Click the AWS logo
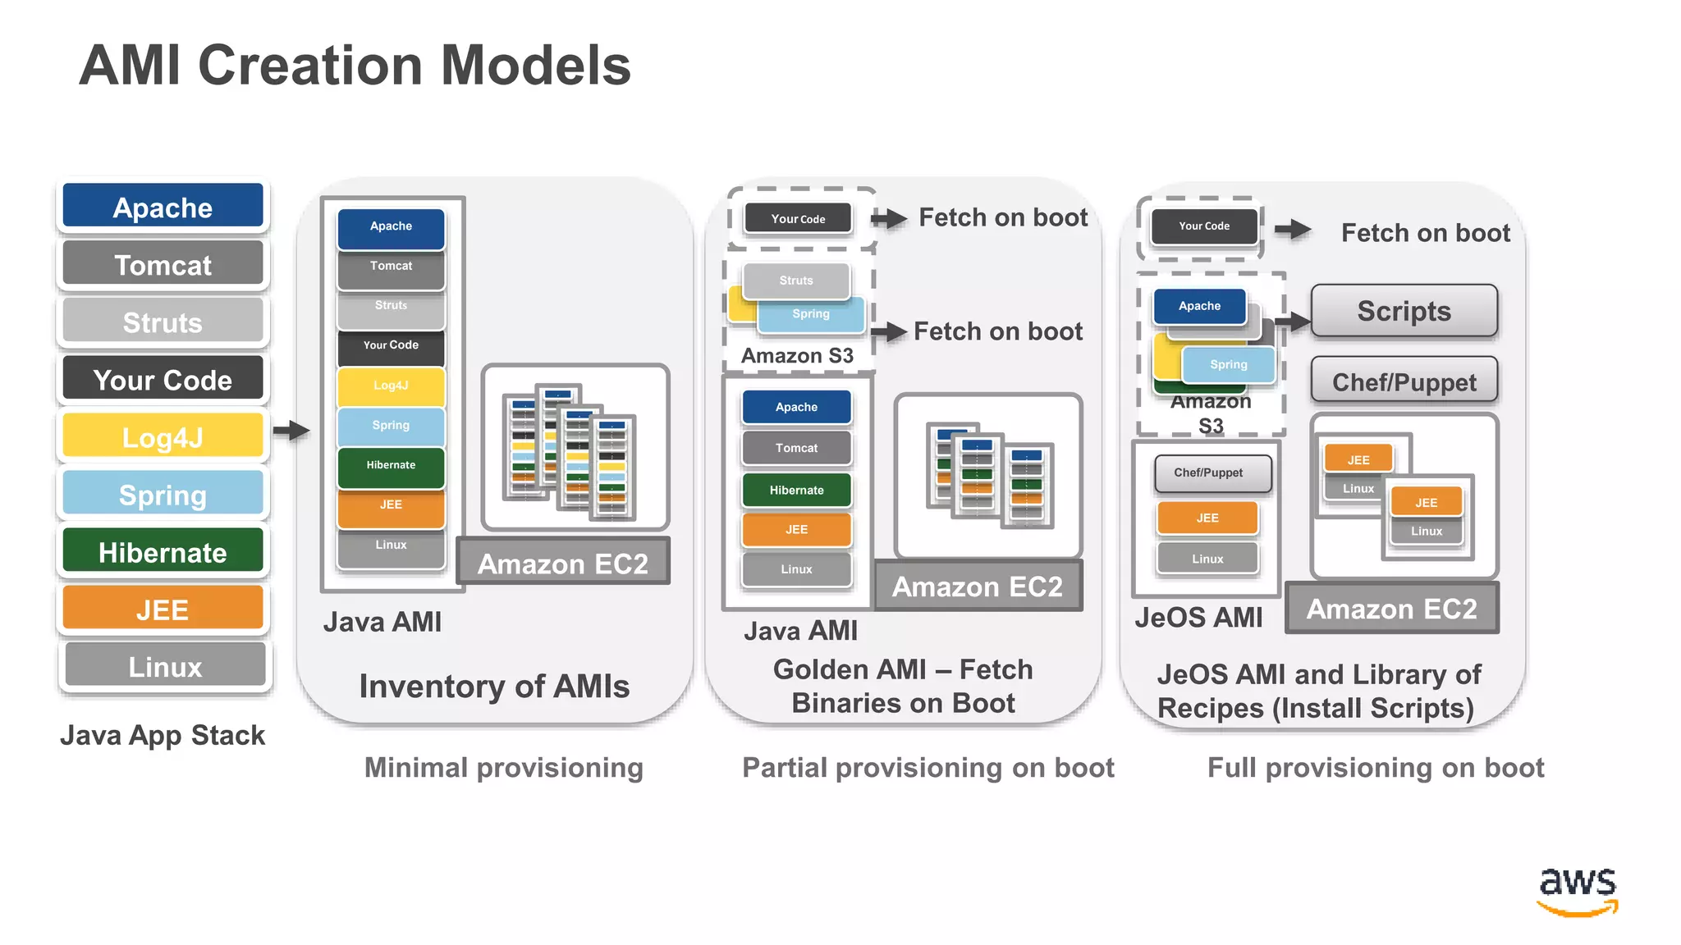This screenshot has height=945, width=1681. click(x=1577, y=890)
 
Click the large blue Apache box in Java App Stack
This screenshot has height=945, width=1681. click(x=163, y=206)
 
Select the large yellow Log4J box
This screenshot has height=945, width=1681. click(x=163, y=436)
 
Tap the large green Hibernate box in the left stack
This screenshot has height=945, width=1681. click(x=163, y=551)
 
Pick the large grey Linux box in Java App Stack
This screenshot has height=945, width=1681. click(x=164, y=665)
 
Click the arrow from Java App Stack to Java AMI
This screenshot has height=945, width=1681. click(x=291, y=430)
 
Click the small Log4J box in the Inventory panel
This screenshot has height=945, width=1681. click(x=391, y=386)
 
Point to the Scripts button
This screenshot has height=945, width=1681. click(x=1404, y=311)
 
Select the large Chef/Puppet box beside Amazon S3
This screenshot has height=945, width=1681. click(x=1404, y=381)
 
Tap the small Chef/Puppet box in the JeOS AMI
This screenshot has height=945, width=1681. click(x=1208, y=472)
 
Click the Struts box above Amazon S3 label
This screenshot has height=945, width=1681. click(x=795, y=281)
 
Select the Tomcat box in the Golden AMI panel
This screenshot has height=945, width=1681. click(x=796, y=448)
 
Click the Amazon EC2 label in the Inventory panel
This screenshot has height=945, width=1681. click(x=563, y=563)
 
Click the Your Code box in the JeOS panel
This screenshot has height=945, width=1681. click(x=1204, y=226)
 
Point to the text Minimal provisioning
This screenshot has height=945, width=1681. click(x=503, y=768)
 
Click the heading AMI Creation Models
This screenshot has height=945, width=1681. click(x=355, y=66)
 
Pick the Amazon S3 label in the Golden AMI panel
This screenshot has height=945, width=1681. click(x=797, y=356)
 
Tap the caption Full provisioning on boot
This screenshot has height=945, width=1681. click(x=1376, y=768)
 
